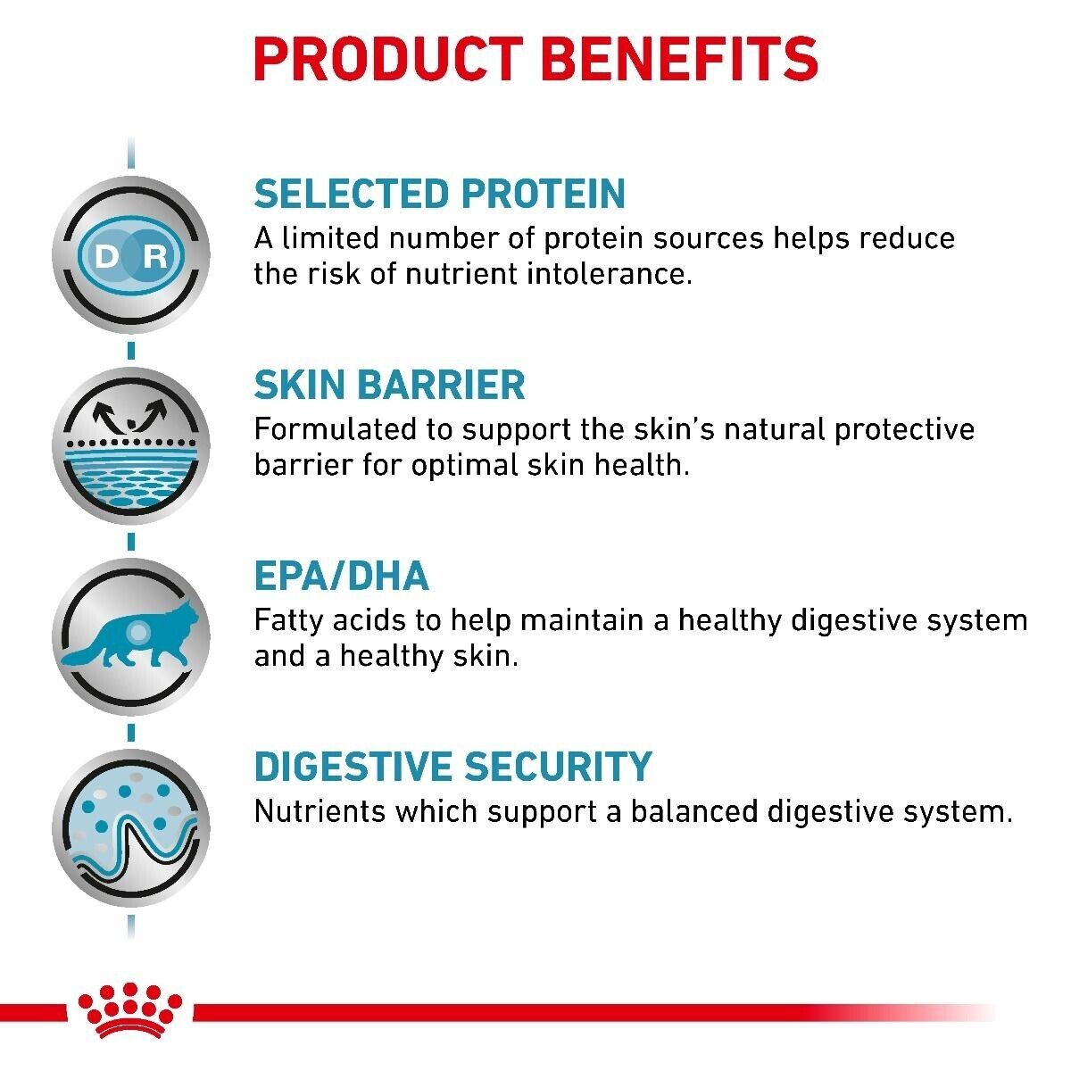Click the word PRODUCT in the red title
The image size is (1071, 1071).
pyautogui.click(x=388, y=60)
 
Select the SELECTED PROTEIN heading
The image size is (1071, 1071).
pyautogui.click(x=440, y=194)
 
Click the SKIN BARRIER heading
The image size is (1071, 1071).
pyautogui.click(x=390, y=385)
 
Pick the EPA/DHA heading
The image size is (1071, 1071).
pyautogui.click(x=342, y=576)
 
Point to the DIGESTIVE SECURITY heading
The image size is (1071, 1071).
pyautogui.click(x=453, y=767)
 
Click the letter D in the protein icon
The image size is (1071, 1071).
pyautogui.click(x=107, y=256)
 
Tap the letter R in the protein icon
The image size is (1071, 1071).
pyautogui.click(x=154, y=256)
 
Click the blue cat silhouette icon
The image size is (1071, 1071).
pyautogui.click(x=130, y=635)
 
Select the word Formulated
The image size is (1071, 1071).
pyautogui.click(x=336, y=429)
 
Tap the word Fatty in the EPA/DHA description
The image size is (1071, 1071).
pyautogui.click(x=289, y=622)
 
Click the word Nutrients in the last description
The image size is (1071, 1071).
pyautogui.click(x=320, y=811)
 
